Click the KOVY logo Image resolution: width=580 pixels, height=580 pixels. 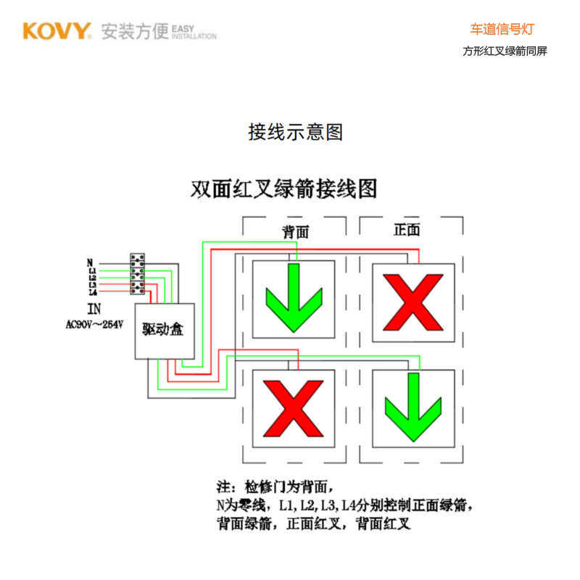[x=57, y=31]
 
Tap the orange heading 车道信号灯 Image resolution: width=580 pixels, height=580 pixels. [x=502, y=30]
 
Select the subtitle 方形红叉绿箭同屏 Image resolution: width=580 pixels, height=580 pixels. [x=505, y=51]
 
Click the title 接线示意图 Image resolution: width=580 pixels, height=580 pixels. [x=295, y=132]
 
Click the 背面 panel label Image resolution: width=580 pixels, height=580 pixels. [x=295, y=231]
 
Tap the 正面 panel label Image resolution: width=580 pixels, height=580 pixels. [x=407, y=230]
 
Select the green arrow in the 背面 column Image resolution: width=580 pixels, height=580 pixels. [x=293, y=298]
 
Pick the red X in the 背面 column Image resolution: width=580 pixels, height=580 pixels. [x=293, y=407]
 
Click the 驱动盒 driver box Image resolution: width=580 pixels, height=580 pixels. [x=163, y=331]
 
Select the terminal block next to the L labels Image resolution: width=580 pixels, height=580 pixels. [x=137, y=274]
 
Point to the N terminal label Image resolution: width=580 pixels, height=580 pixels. [x=90, y=262]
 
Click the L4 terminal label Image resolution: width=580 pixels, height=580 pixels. [x=92, y=292]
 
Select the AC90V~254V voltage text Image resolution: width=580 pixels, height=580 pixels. [x=94, y=324]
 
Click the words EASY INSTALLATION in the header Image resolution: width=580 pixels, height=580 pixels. [x=194, y=32]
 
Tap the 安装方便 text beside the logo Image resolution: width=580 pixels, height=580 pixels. [x=135, y=32]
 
